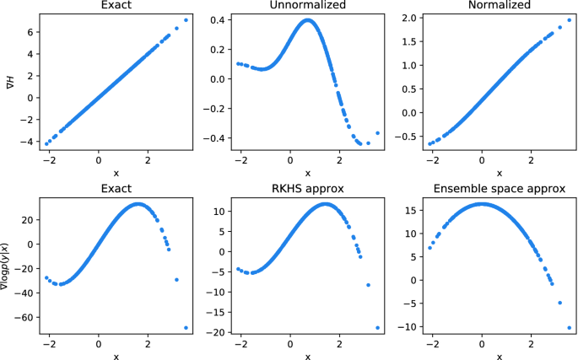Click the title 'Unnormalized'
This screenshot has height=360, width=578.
307,7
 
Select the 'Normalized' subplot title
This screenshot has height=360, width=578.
499,7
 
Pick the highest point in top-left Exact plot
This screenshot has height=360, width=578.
186,20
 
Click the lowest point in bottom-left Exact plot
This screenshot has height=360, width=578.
186,327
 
